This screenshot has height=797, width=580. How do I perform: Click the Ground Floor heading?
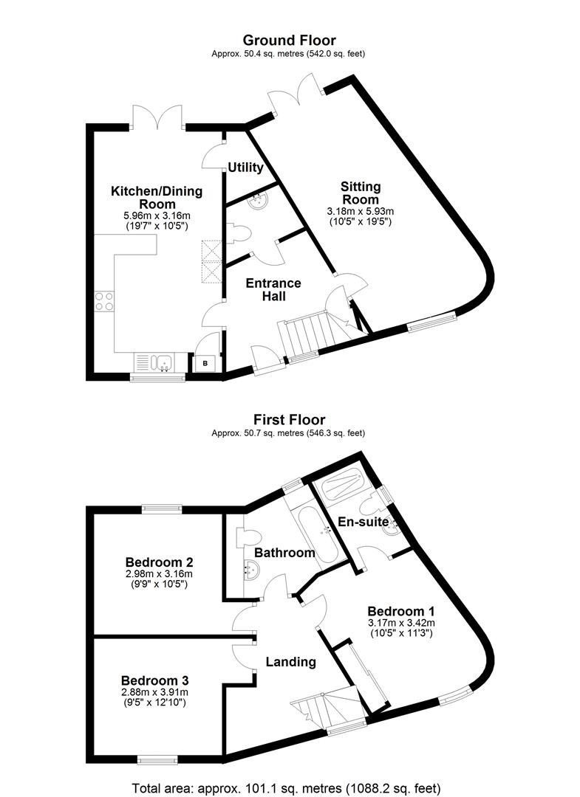(x=289, y=40)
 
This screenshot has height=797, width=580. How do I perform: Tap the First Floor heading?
(x=289, y=420)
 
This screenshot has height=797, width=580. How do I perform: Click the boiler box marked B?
(x=205, y=363)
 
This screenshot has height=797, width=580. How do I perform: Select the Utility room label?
(x=246, y=168)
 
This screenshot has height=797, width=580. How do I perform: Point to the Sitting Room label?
(x=361, y=193)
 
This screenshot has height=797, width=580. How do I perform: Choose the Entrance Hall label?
(x=273, y=290)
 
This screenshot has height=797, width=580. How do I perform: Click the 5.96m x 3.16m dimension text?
(x=157, y=215)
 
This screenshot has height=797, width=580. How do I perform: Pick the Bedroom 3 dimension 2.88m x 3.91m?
(x=154, y=692)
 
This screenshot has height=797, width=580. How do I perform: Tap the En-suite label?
(x=364, y=522)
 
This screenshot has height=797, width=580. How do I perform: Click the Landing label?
(x=290, y=662)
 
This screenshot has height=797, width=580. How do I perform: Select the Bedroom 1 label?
(x=401, y=611)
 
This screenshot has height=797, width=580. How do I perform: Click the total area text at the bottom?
(x=287, y=788)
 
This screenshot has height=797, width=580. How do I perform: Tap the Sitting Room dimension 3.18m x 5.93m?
(x=361, y=212)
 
